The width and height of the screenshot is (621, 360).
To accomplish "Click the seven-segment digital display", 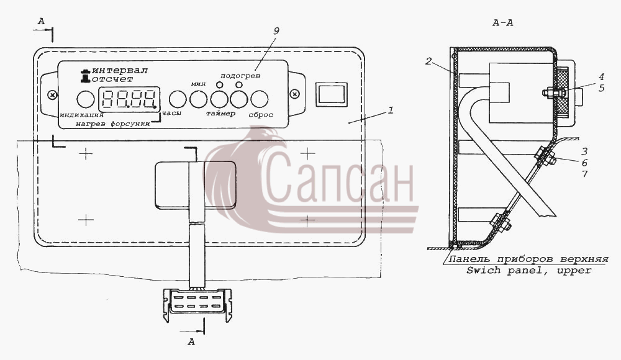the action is point(129,99).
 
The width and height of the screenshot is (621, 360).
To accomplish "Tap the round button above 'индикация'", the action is point(86,99).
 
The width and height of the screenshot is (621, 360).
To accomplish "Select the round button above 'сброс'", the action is point(260,99).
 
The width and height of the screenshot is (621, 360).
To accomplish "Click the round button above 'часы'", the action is point(178,99).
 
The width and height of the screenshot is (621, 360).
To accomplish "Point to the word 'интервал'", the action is point(120,71).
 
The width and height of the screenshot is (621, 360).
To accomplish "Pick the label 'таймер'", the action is point(220,114).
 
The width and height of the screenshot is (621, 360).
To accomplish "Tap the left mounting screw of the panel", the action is point(52,94).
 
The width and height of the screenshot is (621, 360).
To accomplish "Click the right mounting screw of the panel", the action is point(294,94).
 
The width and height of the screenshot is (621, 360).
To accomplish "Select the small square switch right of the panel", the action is point(332,94).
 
